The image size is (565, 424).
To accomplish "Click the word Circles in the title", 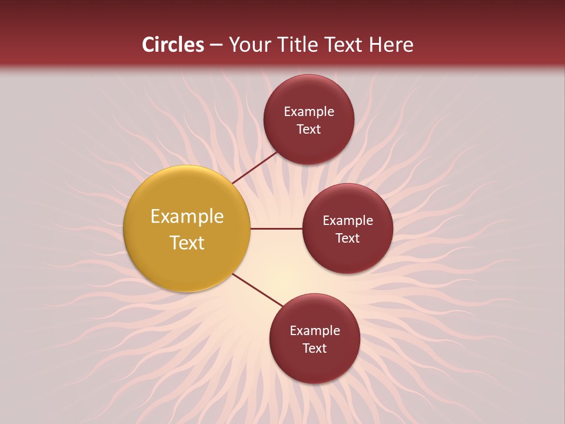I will click(x=172, y=45).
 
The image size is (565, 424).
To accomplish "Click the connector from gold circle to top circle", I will click(x=255, y=167).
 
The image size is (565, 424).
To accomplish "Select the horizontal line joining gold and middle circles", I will click(x=276, y=228).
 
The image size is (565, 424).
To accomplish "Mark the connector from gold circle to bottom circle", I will click(x=258, y=290).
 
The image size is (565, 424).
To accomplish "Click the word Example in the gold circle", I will click(x=187, y=217).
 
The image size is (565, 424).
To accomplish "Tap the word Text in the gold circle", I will click(x=187, y=243).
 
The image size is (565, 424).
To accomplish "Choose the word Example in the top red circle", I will click(x=309, y=112).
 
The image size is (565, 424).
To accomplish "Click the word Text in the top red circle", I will click(x=309, y=130).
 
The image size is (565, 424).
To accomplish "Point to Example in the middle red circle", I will click(x=348, y=221).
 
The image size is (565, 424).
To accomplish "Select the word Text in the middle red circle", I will click(x=348, y=238).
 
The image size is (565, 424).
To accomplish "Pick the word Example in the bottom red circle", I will click(x=315, y=331).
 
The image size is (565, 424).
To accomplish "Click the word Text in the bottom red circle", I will click(x=315, y=349).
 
